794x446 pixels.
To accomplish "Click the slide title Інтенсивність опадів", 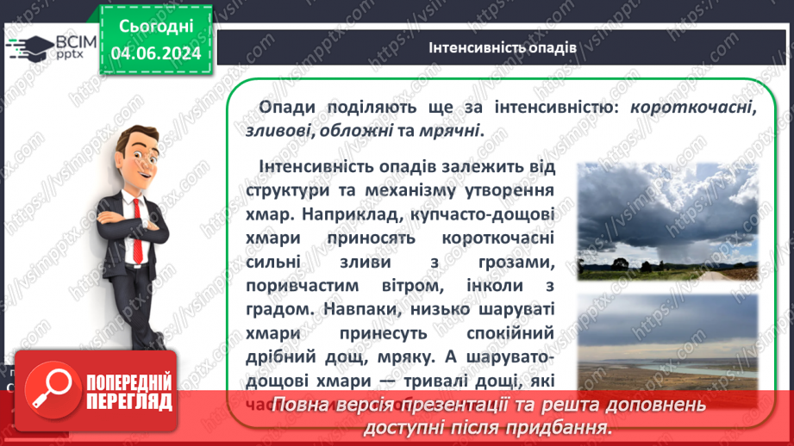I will click(502, 46).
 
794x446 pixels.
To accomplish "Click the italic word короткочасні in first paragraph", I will click(692, 108).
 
